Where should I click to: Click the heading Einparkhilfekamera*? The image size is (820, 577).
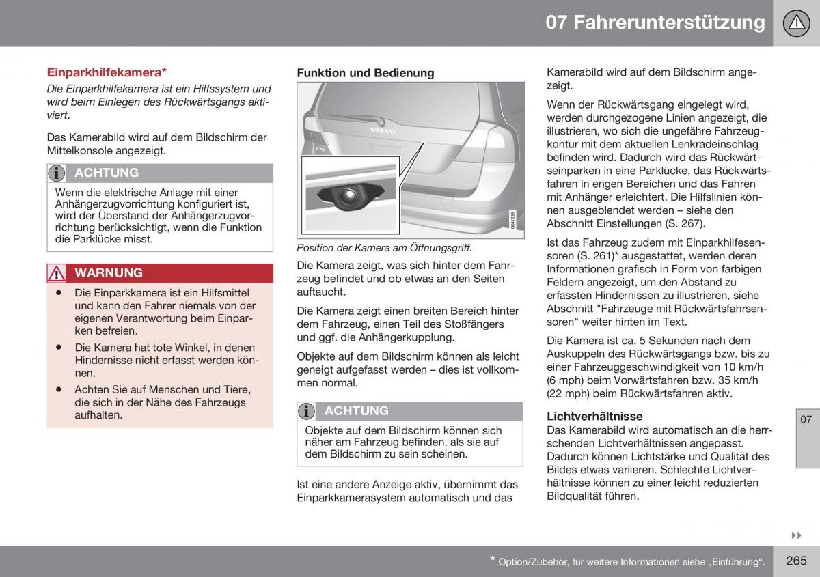point(107,72)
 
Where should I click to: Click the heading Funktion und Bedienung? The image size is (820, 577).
point(365,73)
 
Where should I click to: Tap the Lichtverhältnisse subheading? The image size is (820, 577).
point(594,416)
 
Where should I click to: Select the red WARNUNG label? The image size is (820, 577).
point(109,272)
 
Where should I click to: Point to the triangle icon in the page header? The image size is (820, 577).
point(795,23)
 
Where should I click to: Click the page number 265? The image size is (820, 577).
point(796,561)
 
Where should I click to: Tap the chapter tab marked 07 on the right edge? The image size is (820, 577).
point(806,419)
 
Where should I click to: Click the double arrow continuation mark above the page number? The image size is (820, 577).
point(796,535)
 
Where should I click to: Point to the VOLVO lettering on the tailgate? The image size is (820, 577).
point(383,128)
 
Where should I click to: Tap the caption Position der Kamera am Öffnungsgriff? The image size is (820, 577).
point(384,249)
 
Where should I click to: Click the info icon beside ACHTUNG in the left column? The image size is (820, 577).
point(58,173)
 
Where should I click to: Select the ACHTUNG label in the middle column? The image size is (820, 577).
point(356,410)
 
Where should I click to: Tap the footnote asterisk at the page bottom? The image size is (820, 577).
point(492,560)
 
